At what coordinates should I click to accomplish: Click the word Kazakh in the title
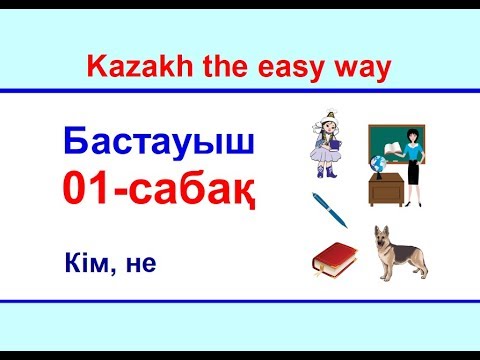123,67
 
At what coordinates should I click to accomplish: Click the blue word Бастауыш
160,141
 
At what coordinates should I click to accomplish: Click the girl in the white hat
324,149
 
